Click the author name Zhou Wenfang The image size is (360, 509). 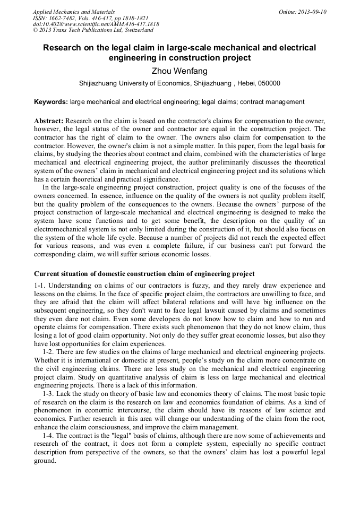[x=179, y=71]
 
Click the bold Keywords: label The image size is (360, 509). [x=51, y=101]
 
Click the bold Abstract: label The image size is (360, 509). [x=49, y=121]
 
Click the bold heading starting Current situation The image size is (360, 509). [x=144, y=274]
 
